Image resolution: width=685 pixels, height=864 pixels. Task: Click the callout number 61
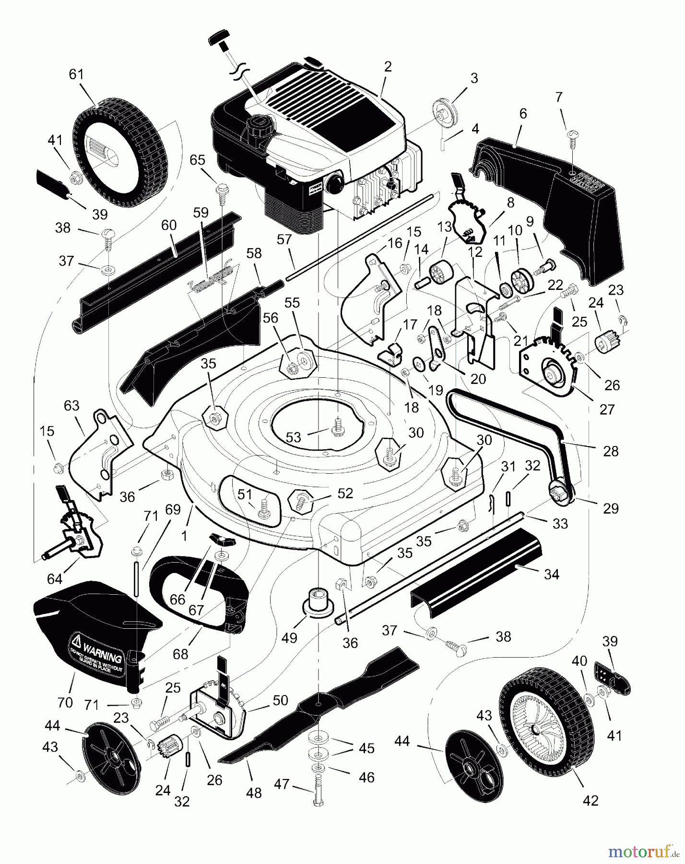pyautogui.click(x=76, y=74)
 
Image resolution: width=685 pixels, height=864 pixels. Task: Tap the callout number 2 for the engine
pyautogui.click(x=388, y=67)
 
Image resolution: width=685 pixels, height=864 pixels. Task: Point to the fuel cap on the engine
pyautogui.click(x=255, y=126)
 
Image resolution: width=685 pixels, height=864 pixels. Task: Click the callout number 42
pyautogui.click(x=591, y=801)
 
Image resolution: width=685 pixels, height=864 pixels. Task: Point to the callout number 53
pyautogui.click(x=293, y=437)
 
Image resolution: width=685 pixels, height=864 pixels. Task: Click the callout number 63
pyautogui.click(x=71, y=406)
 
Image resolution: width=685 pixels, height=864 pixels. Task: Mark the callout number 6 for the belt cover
pyautogui.click(x=523, y=113)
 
